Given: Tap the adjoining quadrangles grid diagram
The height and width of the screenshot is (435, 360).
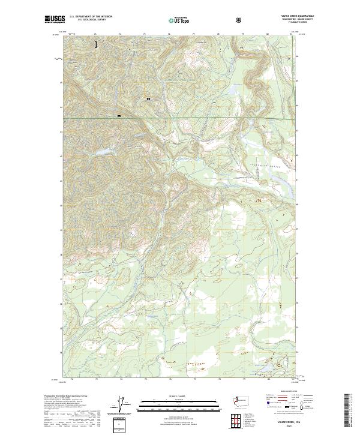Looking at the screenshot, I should [x=235, y=421].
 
